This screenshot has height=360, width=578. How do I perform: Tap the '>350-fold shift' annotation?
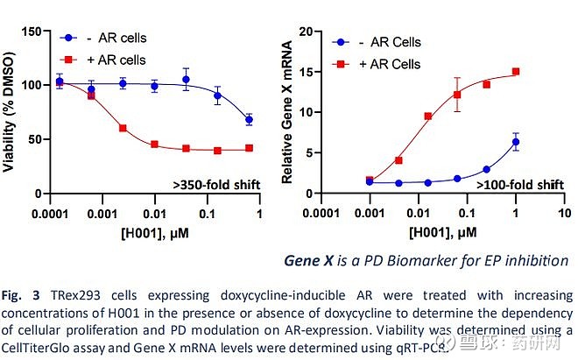point(215,183)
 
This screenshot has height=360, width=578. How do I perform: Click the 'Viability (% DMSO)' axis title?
point(11,110)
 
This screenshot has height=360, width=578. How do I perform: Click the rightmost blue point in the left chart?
point(250,119)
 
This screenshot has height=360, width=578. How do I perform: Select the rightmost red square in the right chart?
point(516,72)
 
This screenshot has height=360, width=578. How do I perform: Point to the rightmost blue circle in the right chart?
point(516,142)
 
